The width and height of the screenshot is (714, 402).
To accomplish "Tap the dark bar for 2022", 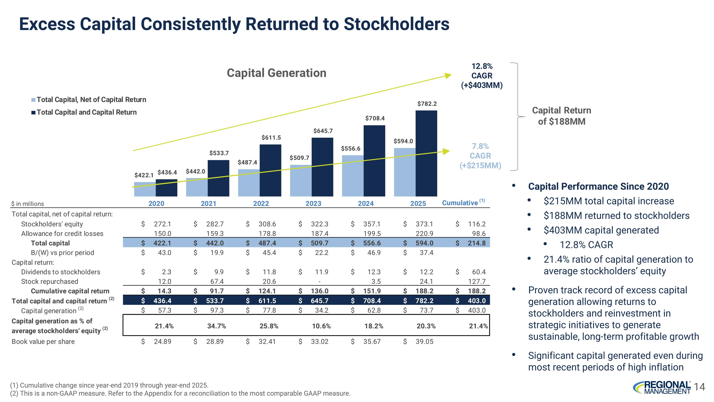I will point(270,170).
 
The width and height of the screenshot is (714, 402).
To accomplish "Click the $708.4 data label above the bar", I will point(375,118).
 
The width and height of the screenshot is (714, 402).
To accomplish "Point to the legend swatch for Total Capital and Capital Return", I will point(33,113).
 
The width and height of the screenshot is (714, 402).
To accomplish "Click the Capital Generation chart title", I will point(276,73).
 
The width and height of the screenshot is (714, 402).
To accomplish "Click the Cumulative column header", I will point(460,203).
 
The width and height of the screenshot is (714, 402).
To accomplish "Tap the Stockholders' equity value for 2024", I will point(372,224).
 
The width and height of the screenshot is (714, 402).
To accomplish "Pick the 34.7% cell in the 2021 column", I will point(217,326).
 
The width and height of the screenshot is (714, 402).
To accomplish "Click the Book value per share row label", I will point(43,341).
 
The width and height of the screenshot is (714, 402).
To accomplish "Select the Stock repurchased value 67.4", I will point(217,281).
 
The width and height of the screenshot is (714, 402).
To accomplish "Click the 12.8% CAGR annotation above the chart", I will point(482,76).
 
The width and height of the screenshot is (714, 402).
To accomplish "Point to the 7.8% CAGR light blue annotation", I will point(480,156).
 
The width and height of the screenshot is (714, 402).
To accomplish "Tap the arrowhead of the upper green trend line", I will point(448,75).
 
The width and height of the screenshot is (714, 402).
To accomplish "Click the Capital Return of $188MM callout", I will point(561,116).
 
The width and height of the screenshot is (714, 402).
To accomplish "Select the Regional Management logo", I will point(662,387).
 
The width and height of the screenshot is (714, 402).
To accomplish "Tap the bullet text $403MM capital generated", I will point(601,230).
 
